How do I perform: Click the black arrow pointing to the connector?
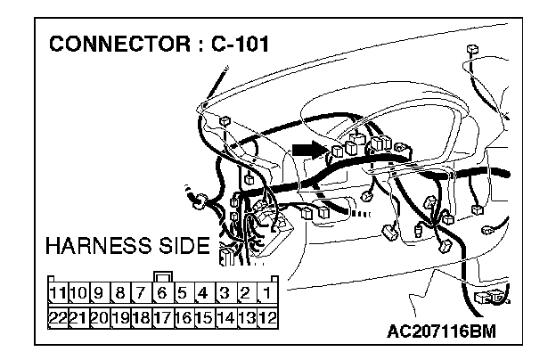tap(306, 151)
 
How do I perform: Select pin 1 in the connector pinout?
tap(266, 291)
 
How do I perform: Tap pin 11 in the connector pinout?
tap(58, 291)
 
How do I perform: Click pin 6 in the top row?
tap(162, 291)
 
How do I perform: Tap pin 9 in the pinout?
tap(99, 291)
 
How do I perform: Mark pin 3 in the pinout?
tap(225, 291)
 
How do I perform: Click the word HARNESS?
tap(98, 245)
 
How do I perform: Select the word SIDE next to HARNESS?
tap(182, 245)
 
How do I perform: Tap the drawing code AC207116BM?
tap(440, 332)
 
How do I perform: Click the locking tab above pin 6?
tap(162, 274)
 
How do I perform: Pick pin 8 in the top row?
tap(120, 291)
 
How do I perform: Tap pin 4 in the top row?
tap(204, 291)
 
